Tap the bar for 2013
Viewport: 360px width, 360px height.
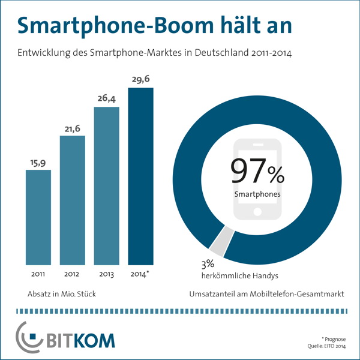pos(107,186)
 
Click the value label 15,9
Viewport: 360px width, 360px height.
pos(38,161)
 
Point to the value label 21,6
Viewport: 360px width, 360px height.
pos(72,128)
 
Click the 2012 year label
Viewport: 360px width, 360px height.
pos(72,275)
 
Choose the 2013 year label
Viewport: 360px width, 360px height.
pos(107,275)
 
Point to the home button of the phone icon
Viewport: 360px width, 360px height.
pos(257,211)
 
